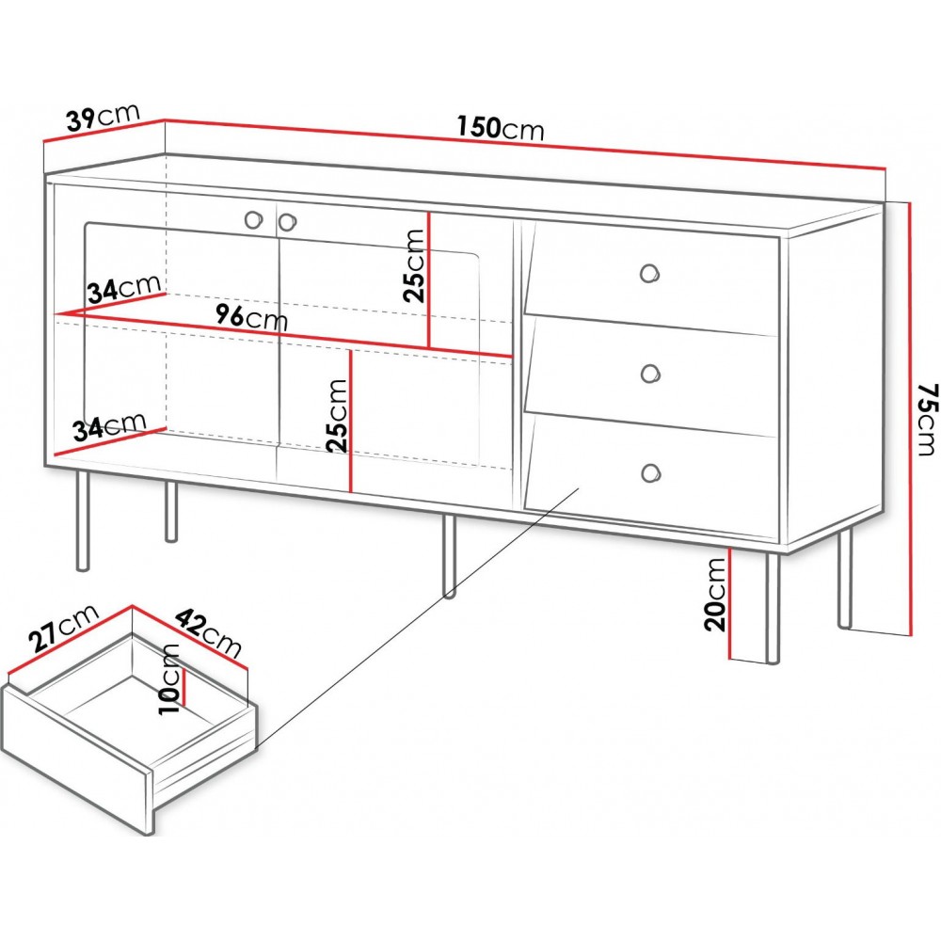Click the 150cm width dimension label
click(501, 128)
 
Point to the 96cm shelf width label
click(252, 316)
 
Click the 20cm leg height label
click(715, 594)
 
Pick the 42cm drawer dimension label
click(208, 633)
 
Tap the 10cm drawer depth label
click(169, 678)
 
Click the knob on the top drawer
click(649, 274)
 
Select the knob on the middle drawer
click(649, 374)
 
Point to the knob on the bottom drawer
click(650, 473)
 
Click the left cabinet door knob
click(254, 219)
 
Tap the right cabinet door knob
click(287, 222)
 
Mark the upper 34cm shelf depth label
click(124, 289)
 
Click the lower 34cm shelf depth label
click(109, 426)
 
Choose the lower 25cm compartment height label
click(337, 415)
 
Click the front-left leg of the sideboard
click(83, 519)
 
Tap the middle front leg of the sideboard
click(450, 556)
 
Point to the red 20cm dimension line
click(730, 602)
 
